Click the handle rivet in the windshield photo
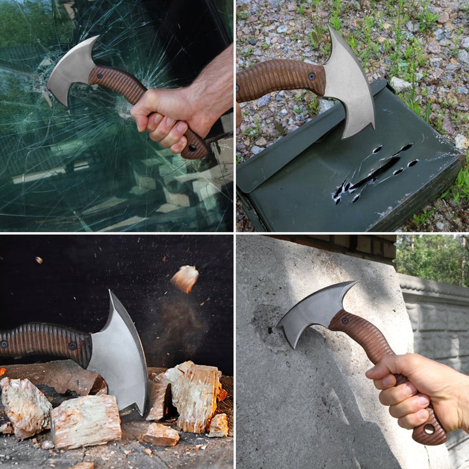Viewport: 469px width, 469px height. pos(99,76)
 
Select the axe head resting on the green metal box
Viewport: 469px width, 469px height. pos(348,85)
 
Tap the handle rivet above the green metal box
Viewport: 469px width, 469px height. pos(311,76)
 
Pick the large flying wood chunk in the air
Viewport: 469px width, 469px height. pos(185,278)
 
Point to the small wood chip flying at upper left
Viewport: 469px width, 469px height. pos(38,260)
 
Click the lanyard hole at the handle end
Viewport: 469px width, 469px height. pos(428,429)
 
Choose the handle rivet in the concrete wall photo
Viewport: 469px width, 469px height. pos(344,320)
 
